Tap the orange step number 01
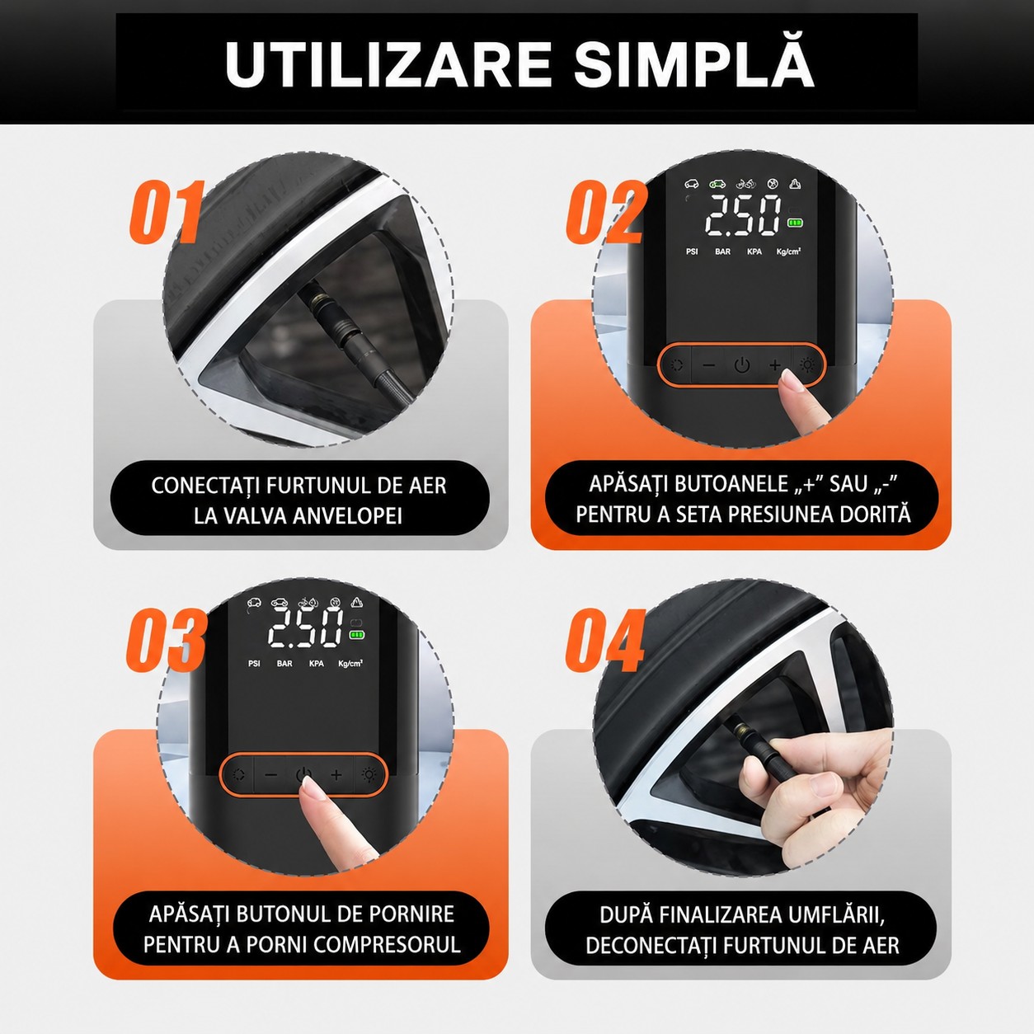(167, 211)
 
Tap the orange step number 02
(604, 211)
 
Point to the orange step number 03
(166, 640)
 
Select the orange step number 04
(604, 640)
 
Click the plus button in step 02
(774, 365)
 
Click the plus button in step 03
(336, 775)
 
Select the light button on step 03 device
(369, 775)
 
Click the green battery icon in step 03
(357, 635)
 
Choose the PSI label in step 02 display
(692, 251)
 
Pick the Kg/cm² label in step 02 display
(789, 251)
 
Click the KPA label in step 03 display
(317, 664)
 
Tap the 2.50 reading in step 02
(743, 215)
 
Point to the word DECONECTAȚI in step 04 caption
(651, 946)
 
